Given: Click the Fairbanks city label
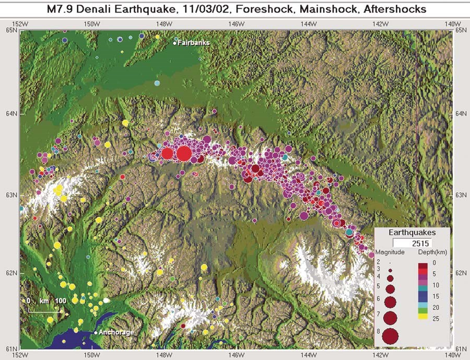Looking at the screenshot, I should [194, 43].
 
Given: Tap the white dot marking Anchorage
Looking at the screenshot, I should [96, 332].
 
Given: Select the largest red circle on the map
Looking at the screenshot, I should [183, 154].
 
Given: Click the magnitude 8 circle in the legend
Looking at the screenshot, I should [390, 336].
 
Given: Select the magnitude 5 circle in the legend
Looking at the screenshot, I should [390, 288].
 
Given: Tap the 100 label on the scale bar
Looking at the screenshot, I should [61, 301].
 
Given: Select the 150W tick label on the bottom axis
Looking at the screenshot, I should [92, 355].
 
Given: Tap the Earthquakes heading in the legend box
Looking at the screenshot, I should [413, 233].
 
